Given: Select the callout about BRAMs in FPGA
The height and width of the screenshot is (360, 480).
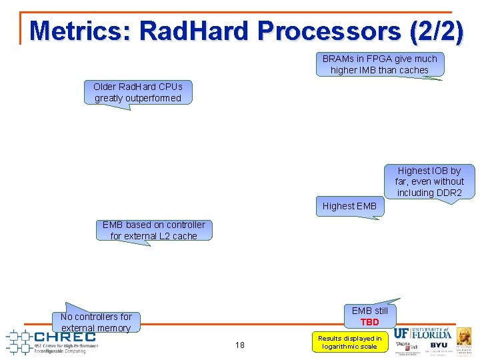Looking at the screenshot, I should (379, 65).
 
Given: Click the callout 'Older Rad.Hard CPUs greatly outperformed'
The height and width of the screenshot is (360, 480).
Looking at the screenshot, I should (137, 93).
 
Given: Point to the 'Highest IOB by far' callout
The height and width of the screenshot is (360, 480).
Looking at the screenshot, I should (429, 181).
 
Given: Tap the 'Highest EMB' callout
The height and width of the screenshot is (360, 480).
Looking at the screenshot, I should (349, 206).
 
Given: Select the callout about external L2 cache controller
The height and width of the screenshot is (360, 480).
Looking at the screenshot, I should (153, 230).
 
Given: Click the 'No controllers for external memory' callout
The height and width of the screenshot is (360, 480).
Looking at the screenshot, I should (96, 321).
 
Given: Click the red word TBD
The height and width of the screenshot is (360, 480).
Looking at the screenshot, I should (369, 322).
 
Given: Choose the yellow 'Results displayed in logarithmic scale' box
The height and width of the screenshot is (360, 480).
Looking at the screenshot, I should (349, 342).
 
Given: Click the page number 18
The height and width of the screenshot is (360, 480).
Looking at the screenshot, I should (239, 345).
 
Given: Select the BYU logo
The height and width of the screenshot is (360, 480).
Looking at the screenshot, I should (439, 345).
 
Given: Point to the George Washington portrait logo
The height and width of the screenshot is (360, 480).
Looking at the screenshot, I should (465, 336).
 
